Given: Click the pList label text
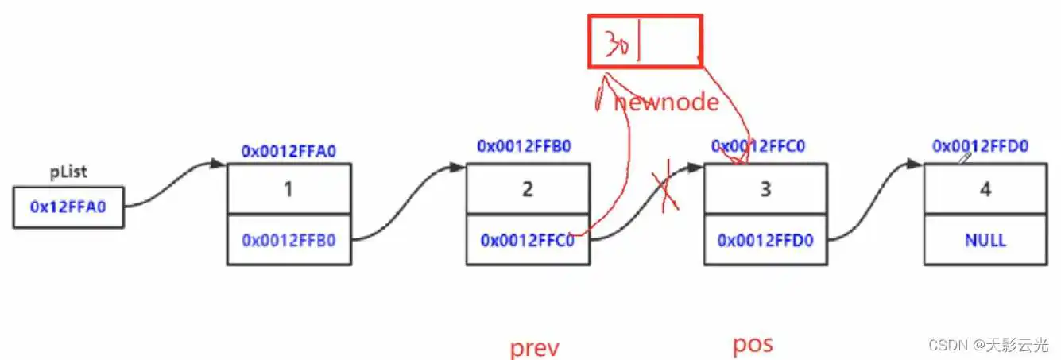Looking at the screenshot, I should click(x=68, y=172).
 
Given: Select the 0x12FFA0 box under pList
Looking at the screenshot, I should click(x=68, y=207).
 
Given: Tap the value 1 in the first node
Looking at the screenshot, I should click(x=289, y=188).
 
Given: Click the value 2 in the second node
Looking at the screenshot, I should click(x=528, y=188).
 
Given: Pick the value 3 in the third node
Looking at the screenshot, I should click(x=765, y=188).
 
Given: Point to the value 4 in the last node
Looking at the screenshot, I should click(x=986, y=188).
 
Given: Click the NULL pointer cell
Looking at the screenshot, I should click(x=986, y=239).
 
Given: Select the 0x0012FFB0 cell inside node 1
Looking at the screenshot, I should click(x=289, y=239).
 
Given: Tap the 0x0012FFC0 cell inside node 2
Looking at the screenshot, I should click(x=528, y=239).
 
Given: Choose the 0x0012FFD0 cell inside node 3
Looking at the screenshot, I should click(x=765, y=239).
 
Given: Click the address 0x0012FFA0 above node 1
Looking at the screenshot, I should click(x=289, y=149).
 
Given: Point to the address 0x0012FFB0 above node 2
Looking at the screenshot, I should click(x=524, y=146).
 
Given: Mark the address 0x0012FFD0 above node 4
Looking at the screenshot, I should click(x=981, y=146).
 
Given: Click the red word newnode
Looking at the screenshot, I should click(x=666, y=103).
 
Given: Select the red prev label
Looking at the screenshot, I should click(x=535, y=347).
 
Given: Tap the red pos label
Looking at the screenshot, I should click(x=752, y=345).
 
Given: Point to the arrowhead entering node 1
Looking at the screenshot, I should click(x=219, y=165).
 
